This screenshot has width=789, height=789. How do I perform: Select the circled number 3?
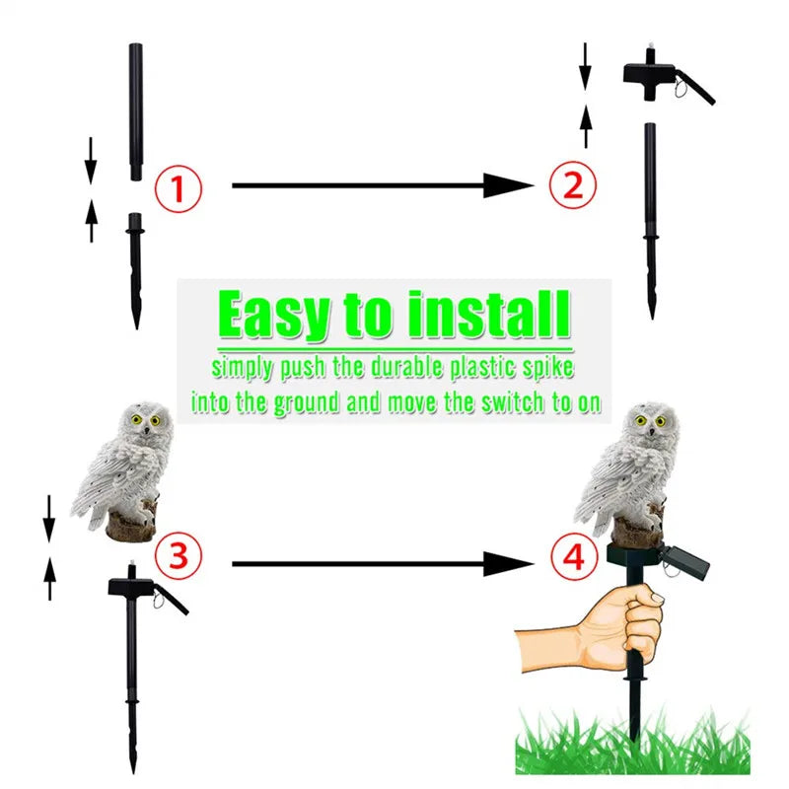point(177,555)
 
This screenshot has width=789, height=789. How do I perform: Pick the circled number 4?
point(574,559)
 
